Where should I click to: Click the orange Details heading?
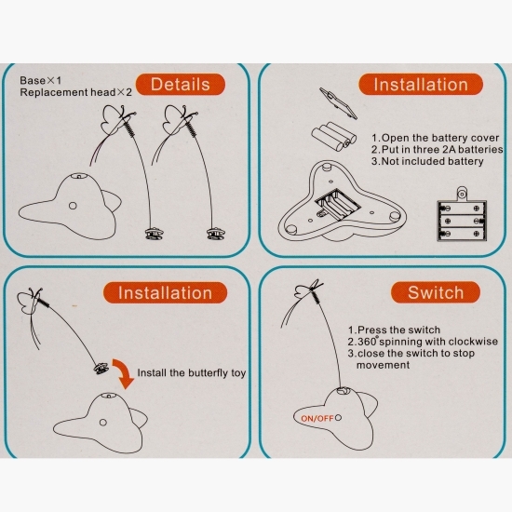[x=181, y=84]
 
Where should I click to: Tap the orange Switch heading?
[x=436, y=292]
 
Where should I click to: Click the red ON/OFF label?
[x=317, y=418]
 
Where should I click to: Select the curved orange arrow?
[x=124, y=373]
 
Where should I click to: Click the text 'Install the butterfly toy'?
[x=192, y=373]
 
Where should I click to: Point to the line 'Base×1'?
[x=40, y=80]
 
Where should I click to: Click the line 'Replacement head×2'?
[x=75, y=92]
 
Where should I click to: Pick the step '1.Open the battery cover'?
[x=436, y=138]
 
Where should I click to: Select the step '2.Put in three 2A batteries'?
[x=438, y=150]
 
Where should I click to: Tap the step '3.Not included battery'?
[x=427, y=161]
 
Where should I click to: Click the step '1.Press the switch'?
[x=394, y=330]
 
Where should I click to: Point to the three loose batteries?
[x=333, y=137]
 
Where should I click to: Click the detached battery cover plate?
[x=338, y=103]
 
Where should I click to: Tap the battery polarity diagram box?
[x=462, y=217]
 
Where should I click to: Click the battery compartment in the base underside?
[x=338, y=205]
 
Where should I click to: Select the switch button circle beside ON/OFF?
[x=338, y=418]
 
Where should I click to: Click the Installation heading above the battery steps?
[x=421, y=84]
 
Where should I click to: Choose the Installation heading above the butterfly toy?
[x=165, y=292]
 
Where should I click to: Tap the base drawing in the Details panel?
[x=70, y=208]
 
